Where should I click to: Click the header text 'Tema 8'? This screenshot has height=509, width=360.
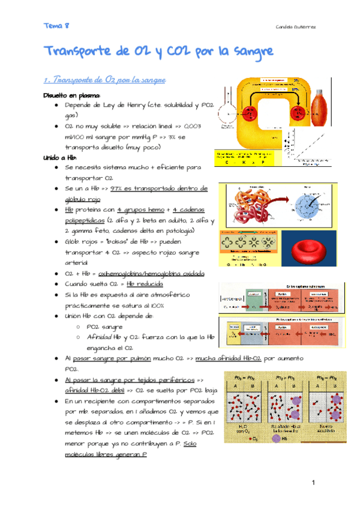(x=56, y=26)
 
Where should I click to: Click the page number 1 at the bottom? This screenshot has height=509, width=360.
(x=313, y=483)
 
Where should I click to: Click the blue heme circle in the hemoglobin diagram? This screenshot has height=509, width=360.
(x=307, y=206)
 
